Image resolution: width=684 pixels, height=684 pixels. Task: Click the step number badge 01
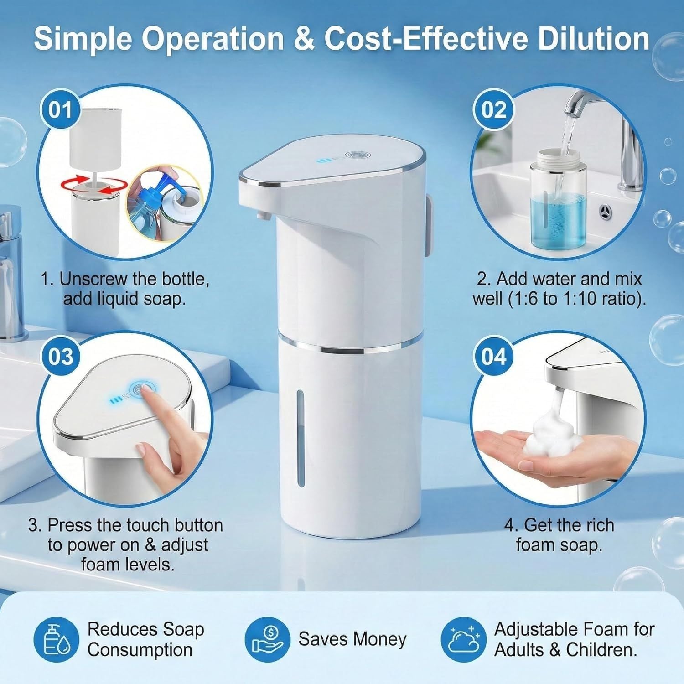tap(60, 110)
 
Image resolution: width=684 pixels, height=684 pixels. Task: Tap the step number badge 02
tap(493, 110)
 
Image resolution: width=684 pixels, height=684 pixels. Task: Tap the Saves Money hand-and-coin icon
tap(267, 640)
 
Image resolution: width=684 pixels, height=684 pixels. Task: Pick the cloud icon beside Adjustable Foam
tap(463, 640)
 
